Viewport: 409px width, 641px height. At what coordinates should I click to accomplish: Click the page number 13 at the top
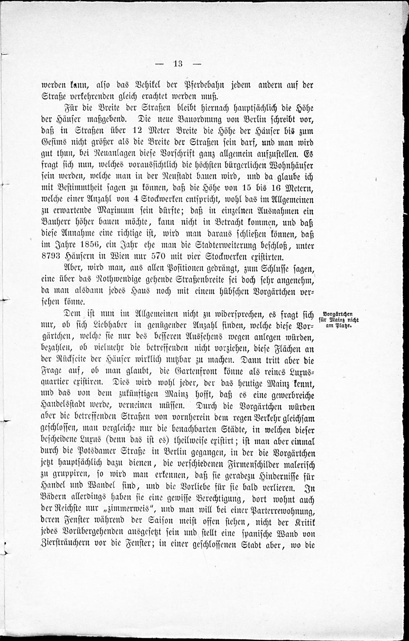click(178, 63)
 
